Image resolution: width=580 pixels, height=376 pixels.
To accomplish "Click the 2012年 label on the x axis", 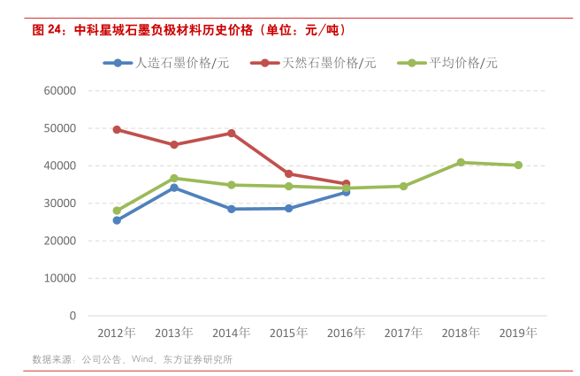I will pos(117,334).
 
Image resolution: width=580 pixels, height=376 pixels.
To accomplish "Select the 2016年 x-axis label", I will pos(346,334).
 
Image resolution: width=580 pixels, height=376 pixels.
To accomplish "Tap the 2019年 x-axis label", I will pos(518,334).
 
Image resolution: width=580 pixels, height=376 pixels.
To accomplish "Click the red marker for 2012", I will pos(117,129).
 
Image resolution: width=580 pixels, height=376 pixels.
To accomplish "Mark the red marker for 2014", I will pos(232,134).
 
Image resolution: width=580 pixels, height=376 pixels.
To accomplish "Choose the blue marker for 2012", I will pos(117,220).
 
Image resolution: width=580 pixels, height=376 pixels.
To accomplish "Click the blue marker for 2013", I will pos(174,188).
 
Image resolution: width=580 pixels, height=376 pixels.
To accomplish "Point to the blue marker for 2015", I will pos(289,208).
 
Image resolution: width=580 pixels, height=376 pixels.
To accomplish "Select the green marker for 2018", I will pos(461,163).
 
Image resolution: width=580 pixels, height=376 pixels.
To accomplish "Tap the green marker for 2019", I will pos(518,165).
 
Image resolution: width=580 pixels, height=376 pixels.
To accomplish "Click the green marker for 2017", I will pos(403,187).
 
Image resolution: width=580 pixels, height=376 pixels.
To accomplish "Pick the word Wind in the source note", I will pos(141,360).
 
